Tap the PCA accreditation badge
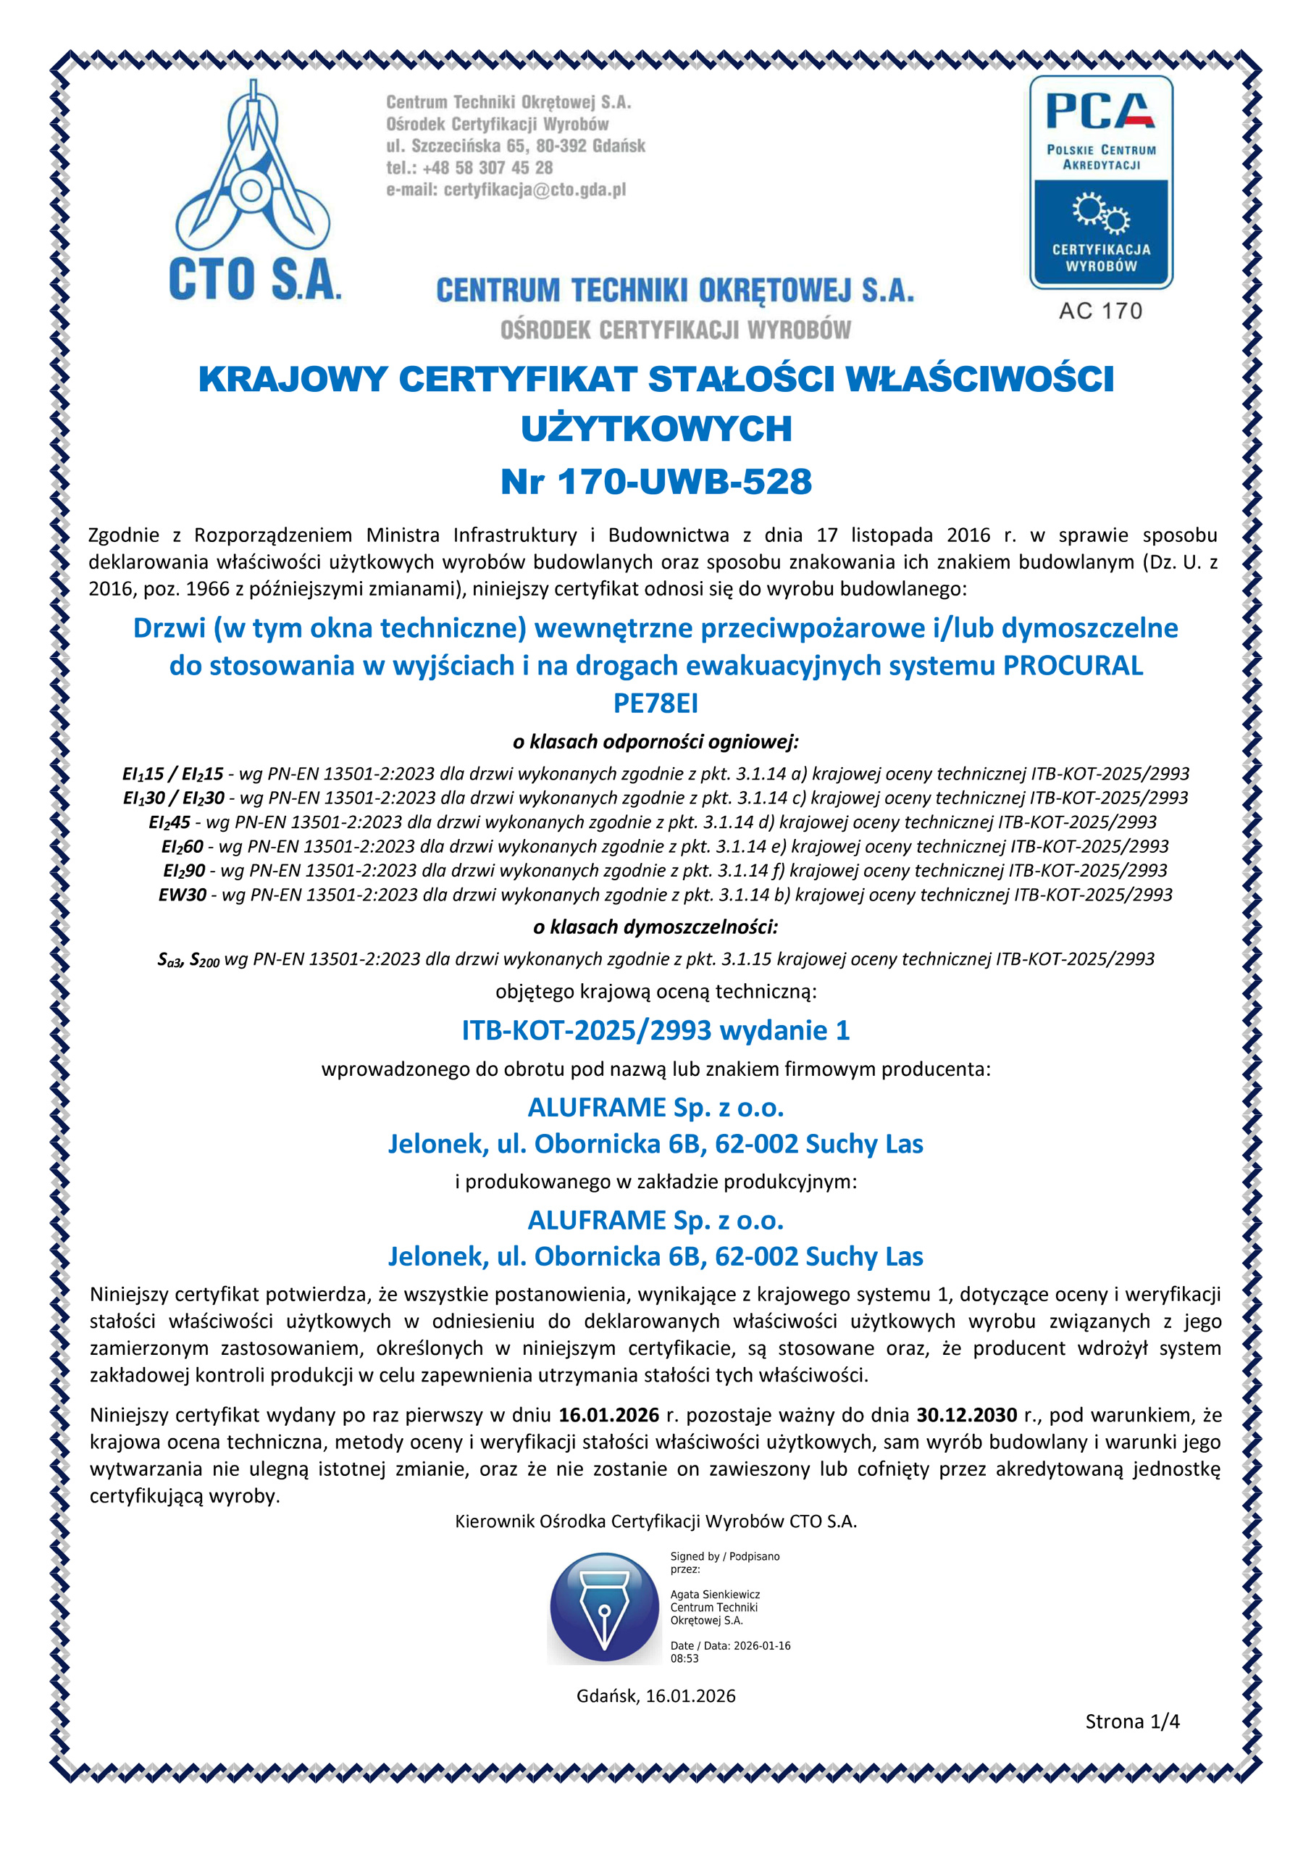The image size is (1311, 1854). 1100,183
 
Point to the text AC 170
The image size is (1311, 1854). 1100,311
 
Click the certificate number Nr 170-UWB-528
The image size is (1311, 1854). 655,482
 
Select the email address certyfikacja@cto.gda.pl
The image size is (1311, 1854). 535,191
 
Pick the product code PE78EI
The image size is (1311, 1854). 655,703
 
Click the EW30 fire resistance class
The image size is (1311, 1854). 183,895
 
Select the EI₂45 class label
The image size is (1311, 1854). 169,822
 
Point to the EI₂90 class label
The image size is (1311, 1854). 184,870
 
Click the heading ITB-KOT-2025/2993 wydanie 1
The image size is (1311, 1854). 655,1030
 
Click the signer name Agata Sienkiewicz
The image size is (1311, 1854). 714,1595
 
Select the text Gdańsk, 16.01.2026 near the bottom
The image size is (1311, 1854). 655,1696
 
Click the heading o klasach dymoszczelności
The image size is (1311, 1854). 655,927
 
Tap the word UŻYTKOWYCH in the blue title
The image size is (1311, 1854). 655,430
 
